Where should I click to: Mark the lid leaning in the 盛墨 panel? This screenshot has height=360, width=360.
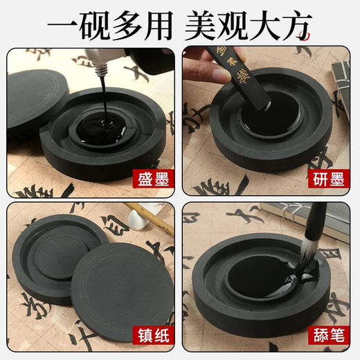point(35,104)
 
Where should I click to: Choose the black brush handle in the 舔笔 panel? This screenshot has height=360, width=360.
point(315,222)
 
